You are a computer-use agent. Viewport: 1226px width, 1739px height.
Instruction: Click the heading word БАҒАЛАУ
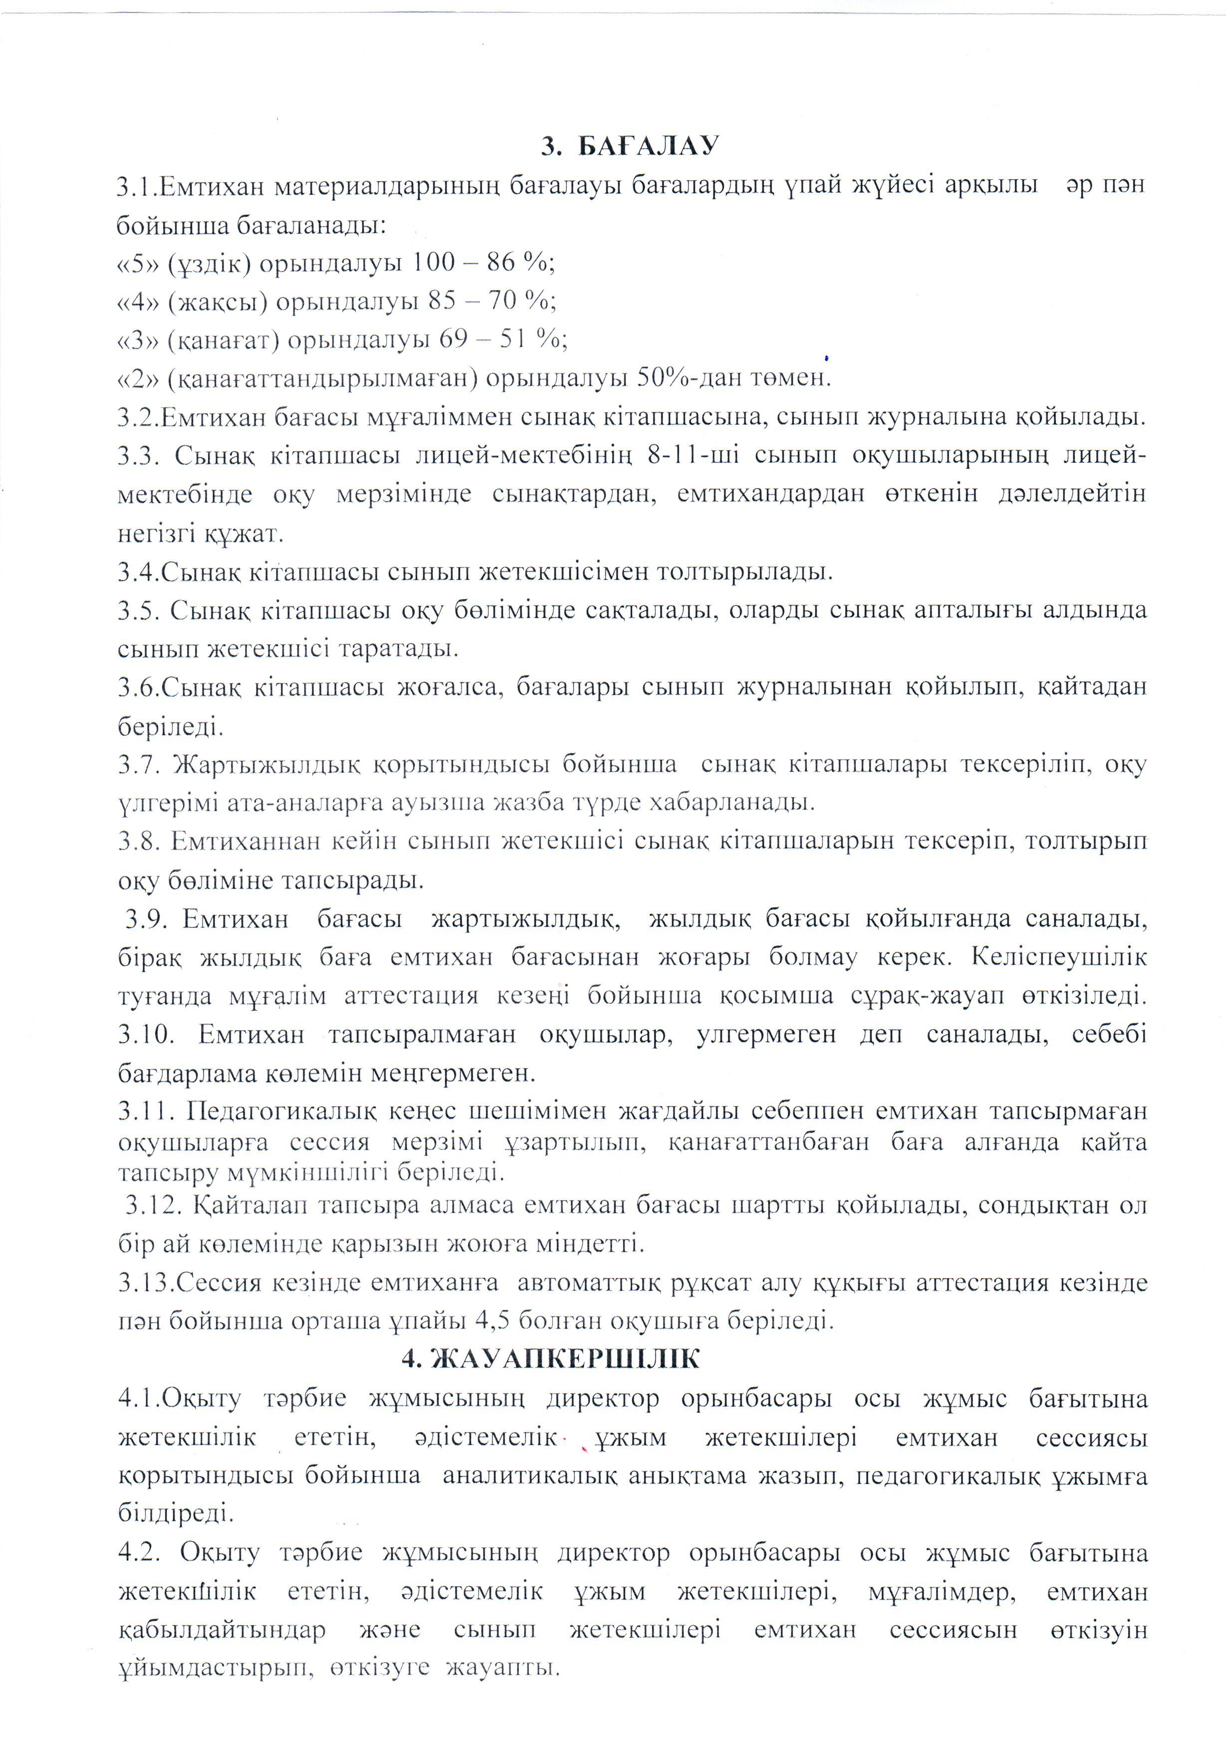[x=648, y=146]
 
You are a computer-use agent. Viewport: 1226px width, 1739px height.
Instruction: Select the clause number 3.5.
[x=139, y=610]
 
